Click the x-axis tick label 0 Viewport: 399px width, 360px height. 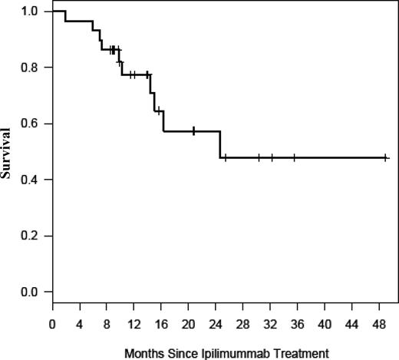[52, 325]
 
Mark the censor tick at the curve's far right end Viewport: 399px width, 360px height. [386, 157]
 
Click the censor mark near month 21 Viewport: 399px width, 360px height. [193, 131]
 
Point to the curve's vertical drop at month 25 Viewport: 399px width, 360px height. [220, 144]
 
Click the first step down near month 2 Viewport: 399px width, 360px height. [65, 15]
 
